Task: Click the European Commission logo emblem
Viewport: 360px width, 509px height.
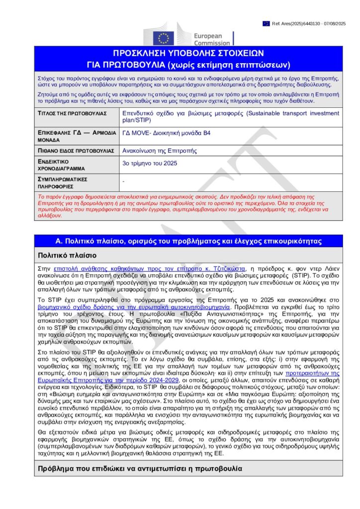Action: pyautogui.click(x=163, y=36)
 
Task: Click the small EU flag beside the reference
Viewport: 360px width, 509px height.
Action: pyautogui.click(x=266, y=23)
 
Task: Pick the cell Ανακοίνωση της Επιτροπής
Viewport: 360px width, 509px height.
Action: pyautogui.click(x=156, y=150)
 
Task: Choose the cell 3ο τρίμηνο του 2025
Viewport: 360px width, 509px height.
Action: pyautogui.click(x=150, y=163)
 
